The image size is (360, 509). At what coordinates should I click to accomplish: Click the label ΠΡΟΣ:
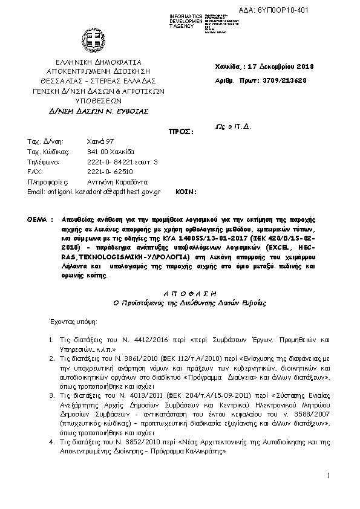pyautogui.click(x=181, y=131)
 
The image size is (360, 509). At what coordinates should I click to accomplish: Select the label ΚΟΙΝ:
pyautogui.click(x=186, y=192)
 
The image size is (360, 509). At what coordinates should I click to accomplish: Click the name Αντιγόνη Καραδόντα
pyautogui.click(x=117, y=182)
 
